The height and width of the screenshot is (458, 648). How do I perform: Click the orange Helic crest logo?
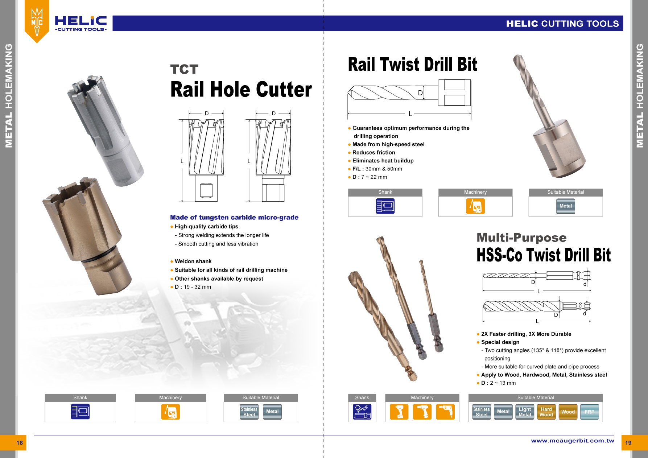(37, 21)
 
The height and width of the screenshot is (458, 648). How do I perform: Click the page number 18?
(20, 442)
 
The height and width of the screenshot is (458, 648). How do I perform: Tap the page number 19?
(628, 443)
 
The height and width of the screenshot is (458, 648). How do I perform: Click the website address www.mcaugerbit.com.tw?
(573, 441)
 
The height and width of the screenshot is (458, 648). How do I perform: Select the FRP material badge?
(589, 412)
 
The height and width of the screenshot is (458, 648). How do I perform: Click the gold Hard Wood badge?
(546, 412)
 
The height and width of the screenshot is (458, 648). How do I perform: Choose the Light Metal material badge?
(525, 412)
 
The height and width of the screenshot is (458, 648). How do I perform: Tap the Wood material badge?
(568, 412)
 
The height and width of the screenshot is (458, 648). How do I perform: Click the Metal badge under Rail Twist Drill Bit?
(565, 206)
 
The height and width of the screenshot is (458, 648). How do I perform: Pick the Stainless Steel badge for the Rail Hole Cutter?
(249, 412)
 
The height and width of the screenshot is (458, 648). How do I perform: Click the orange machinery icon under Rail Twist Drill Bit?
(475, 206)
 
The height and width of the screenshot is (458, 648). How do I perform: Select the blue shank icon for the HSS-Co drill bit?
(362, 412)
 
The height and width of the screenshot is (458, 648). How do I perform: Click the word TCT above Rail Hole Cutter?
(184, 69)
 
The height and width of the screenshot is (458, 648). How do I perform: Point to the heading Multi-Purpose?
(521, 238)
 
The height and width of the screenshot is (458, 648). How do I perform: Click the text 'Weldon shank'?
(193, 261)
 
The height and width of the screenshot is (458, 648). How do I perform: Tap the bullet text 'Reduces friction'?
(373, 153)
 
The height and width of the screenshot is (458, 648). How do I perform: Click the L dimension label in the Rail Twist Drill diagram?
(410, 114)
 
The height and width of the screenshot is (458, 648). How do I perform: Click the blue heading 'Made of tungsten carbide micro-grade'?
(234, 218)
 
